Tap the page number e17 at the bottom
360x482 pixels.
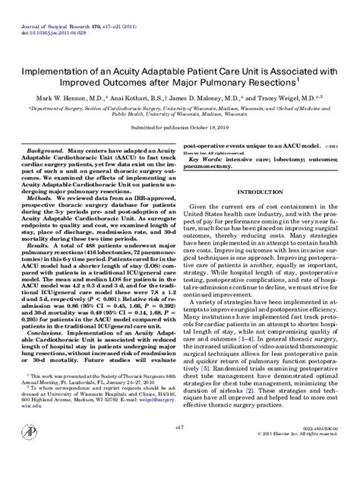(x=178, y=449)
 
